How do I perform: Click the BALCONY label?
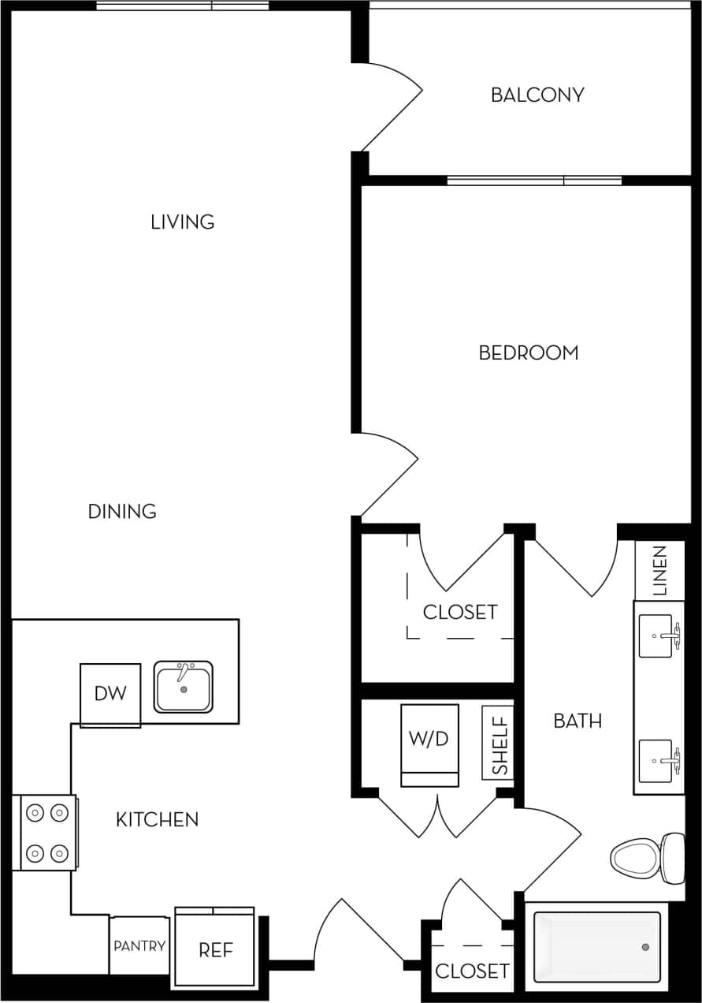(537, 95)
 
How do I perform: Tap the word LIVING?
(183, 222)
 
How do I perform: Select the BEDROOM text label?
(529, 353)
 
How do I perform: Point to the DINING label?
(122, 512)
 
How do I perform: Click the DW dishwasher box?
(110, 695)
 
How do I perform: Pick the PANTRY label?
(139, 946)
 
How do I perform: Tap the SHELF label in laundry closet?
(499, 743)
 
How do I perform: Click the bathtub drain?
(645, 947)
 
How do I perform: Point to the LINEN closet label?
(659, 570)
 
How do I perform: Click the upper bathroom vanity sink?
(656, 635)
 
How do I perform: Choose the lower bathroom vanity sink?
(656, 761)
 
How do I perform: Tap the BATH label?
(578, 721)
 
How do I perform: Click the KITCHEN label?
(157, 820)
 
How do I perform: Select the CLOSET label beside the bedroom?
(460, 612)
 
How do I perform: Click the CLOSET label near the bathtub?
(472, 971)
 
